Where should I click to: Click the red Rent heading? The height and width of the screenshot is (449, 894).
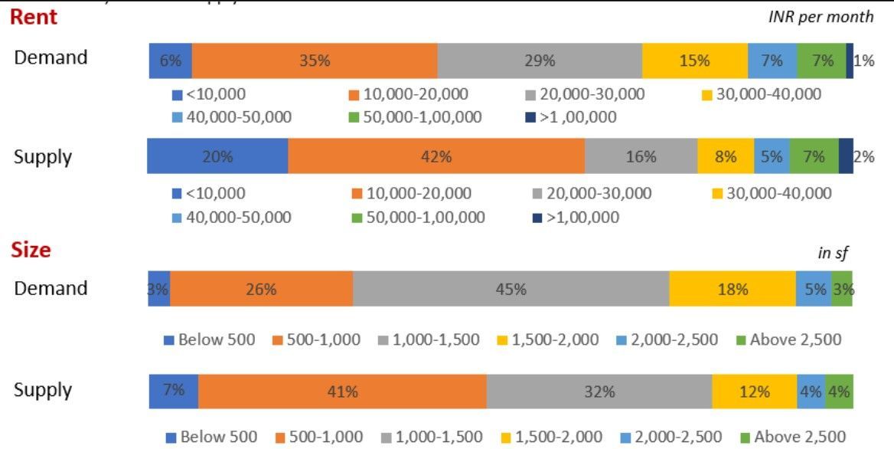tap(34, 18)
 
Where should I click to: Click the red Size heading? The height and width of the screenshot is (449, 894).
tap(31, 250)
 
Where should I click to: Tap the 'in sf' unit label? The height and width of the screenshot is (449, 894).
tap(833, 254)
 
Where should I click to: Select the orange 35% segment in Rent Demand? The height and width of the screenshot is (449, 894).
tap(315, 61)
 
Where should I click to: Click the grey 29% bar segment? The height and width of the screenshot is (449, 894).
tap(540, 61)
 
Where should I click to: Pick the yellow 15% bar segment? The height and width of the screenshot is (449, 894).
tap(694, 61)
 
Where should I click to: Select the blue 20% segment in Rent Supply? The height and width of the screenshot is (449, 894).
tap(217, 156)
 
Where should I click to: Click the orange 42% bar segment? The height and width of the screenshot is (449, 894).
tap(436, 156)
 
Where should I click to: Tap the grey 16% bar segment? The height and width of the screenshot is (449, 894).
tap(641, 156)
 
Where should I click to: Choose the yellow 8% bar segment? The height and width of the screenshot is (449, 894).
tap(725, 156)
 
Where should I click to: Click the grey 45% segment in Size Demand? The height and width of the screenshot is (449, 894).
tap(511, 289)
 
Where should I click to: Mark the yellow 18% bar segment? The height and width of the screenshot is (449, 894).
tap(732, 289)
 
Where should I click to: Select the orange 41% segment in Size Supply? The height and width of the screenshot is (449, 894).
tap(342, 392)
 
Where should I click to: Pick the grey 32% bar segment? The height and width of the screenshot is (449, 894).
tap(599, 392)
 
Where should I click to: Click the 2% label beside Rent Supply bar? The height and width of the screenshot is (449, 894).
tap(864, 156)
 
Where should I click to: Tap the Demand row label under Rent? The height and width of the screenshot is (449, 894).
tap(51, 57)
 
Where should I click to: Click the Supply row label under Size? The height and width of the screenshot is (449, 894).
tap(43, 390)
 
